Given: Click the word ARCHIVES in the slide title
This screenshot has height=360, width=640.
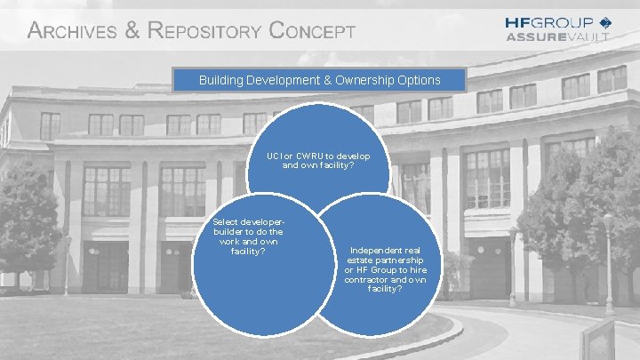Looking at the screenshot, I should point(73,31).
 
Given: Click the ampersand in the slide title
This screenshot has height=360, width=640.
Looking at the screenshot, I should point(132,31).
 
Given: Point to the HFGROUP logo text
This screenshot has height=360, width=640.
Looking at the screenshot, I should point(548,22).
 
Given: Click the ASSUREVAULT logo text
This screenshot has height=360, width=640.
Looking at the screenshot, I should point(557,36).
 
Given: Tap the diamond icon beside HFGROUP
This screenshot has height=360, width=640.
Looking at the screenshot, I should point(605,22).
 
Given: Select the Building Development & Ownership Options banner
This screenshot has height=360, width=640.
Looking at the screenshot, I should point(319,80).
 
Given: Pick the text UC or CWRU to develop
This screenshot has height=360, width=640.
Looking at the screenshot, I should point(318,156).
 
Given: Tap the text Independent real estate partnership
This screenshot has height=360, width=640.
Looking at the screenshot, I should point(385,255).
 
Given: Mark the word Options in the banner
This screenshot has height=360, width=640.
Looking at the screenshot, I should point(418,80).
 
